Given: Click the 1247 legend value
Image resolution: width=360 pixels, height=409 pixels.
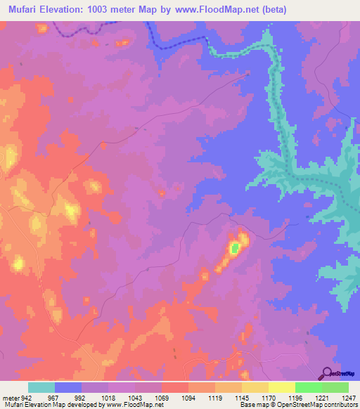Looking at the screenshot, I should pyautogui.click(x=340, y=397).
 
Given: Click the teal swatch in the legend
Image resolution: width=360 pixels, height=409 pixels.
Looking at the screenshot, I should pyautogui.click(x=41, y=387).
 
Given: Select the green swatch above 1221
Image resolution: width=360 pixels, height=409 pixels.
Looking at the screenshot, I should pyautogui.click(x=308, y=387).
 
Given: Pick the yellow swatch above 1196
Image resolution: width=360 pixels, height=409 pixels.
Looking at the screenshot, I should pyautogui.click(x=281, y=387).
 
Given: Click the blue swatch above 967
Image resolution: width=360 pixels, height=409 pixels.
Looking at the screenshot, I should pyautogui.click(x=68, y=387).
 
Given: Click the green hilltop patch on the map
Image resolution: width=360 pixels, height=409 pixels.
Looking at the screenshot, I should pyautogui.click(x=235, y=247).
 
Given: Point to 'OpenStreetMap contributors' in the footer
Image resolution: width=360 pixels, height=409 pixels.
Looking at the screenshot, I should pyautogui.click(x=316, y=405).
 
